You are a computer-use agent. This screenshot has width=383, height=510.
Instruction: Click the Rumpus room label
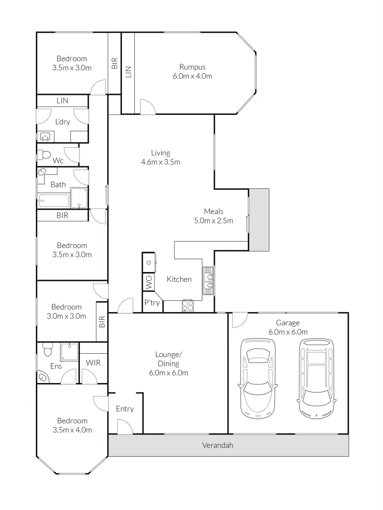[192, 67]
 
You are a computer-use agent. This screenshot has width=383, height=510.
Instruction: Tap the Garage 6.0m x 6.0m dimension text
[288, 332]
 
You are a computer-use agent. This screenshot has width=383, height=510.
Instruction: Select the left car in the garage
[258, 378]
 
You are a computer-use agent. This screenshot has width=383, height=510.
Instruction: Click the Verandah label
[218, 445]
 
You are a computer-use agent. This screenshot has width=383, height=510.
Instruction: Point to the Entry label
[125, 409]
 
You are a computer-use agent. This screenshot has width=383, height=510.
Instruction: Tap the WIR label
[93, 363]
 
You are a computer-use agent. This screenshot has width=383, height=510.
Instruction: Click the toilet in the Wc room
[45, 154]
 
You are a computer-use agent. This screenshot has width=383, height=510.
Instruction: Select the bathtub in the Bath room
[53, 202]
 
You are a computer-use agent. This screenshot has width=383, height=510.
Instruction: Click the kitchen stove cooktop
[188, 306]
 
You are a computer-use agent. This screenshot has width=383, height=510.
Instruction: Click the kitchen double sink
[208, 280]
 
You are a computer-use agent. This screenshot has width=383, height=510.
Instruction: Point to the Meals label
[213, 211]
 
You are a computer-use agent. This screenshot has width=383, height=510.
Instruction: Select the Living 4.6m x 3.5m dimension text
[161, 162]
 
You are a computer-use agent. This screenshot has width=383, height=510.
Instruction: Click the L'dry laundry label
[62, 122]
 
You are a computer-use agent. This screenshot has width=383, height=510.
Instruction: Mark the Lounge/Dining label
[169, 359]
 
